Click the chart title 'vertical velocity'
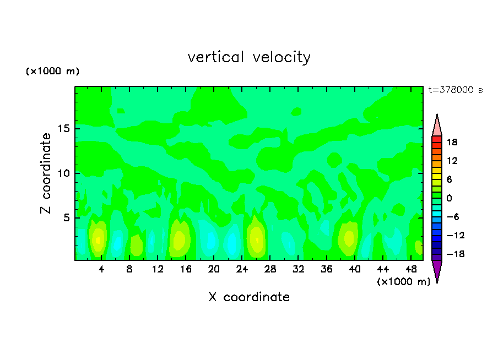[249, 57]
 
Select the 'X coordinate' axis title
[249, 297]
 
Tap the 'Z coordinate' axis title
[46, 173]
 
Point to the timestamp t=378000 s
[455, 90]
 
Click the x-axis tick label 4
[101, 269]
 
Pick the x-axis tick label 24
[241, 269]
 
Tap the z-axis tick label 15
[62, 129]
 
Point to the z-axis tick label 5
[65, 217]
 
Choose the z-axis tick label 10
[62, 173]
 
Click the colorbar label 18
[452, 142]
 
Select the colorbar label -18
[451, 254]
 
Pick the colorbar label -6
[452, 217]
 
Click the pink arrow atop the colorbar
[437, 125]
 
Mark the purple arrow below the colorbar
[437, 271]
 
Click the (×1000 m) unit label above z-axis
[53, 72]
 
